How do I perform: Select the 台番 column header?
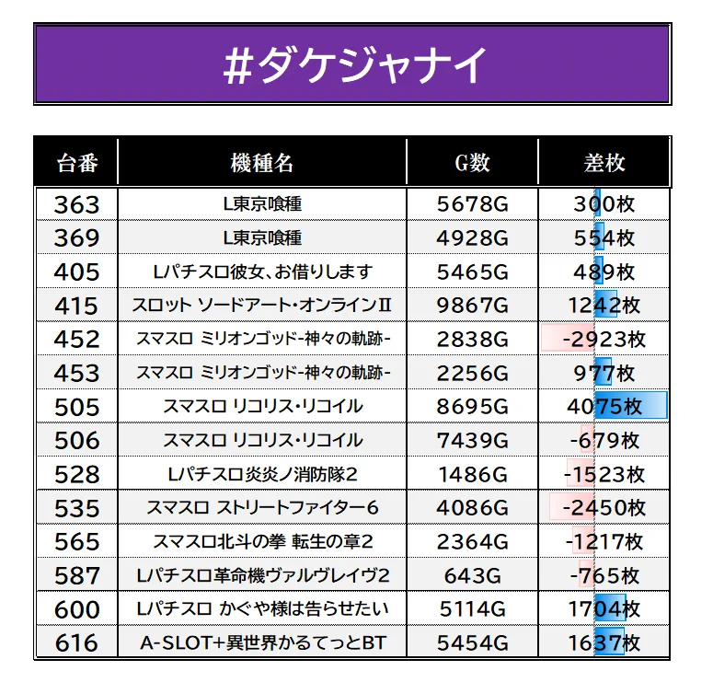pyautogui.click(x=77, y=163)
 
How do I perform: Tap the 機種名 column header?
pyautogui.click(x=262, y=163)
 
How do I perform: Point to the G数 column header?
pyautogui.click(x=473, y=163)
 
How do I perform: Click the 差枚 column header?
pyautogui.click(x=604, y=163)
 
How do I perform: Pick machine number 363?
pyautogui.click(x=76, y=204)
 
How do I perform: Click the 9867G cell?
pyautogui.click(x=473, y=306)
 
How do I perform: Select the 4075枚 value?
pyautogui.click(x=604, y=407)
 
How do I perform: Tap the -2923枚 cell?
pyautogui.click(x=604, y=340)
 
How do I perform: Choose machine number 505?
pyautogui.click(x=76, y=407)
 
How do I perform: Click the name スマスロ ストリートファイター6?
pyautogui.click(x=262, y=507)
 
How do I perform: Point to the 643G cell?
pyautogui.click(x=473, y=576)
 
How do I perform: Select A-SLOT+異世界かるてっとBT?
pyautogui.click(x=263, y=643)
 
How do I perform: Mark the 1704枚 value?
pyautogui.click(x=604, y=609)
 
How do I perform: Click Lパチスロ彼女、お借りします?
pyautogui.click(x=263, y=272)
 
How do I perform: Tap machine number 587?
pyautogui.click(x=76, y=576)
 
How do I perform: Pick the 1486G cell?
pyautogui.click(x=473, y=474)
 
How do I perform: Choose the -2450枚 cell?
pyautogui.click(x=604, y=507)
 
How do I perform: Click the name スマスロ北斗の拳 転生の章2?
pyautogui.click(x=263, y=541)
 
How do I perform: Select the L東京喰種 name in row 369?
pyautogui.click(x=262, y=237)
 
